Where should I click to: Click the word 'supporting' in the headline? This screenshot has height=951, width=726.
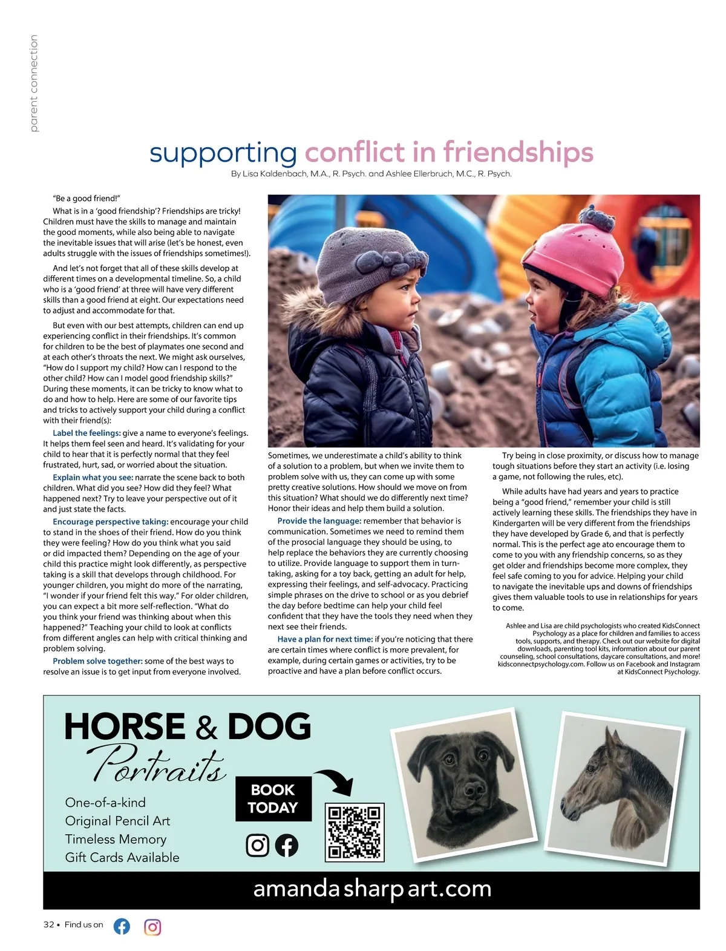[x=223, y=153]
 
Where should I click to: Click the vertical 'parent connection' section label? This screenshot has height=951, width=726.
[x=33, y=83]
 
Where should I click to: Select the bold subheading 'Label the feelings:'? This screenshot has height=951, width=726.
[x=87, y=433]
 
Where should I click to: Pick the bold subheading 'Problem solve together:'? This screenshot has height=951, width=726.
[x=97, y=661]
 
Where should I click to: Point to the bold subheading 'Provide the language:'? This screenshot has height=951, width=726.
[x=319, y=521]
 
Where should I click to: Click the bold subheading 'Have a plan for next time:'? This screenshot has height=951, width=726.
[x=325, y=639]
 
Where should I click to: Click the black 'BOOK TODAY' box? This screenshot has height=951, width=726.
[x=273, y=798]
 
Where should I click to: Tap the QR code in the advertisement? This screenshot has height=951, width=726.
[x=355, y=832]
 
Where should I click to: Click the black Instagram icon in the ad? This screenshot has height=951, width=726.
[x=257, y=845]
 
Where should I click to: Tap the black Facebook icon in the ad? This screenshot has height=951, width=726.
[x=287, y=845]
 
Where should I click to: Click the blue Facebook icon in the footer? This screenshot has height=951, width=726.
[x=122, y=926]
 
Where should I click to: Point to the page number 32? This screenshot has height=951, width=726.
[x=48, y=925]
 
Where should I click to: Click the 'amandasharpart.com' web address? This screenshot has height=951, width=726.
[x=371, y=889]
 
